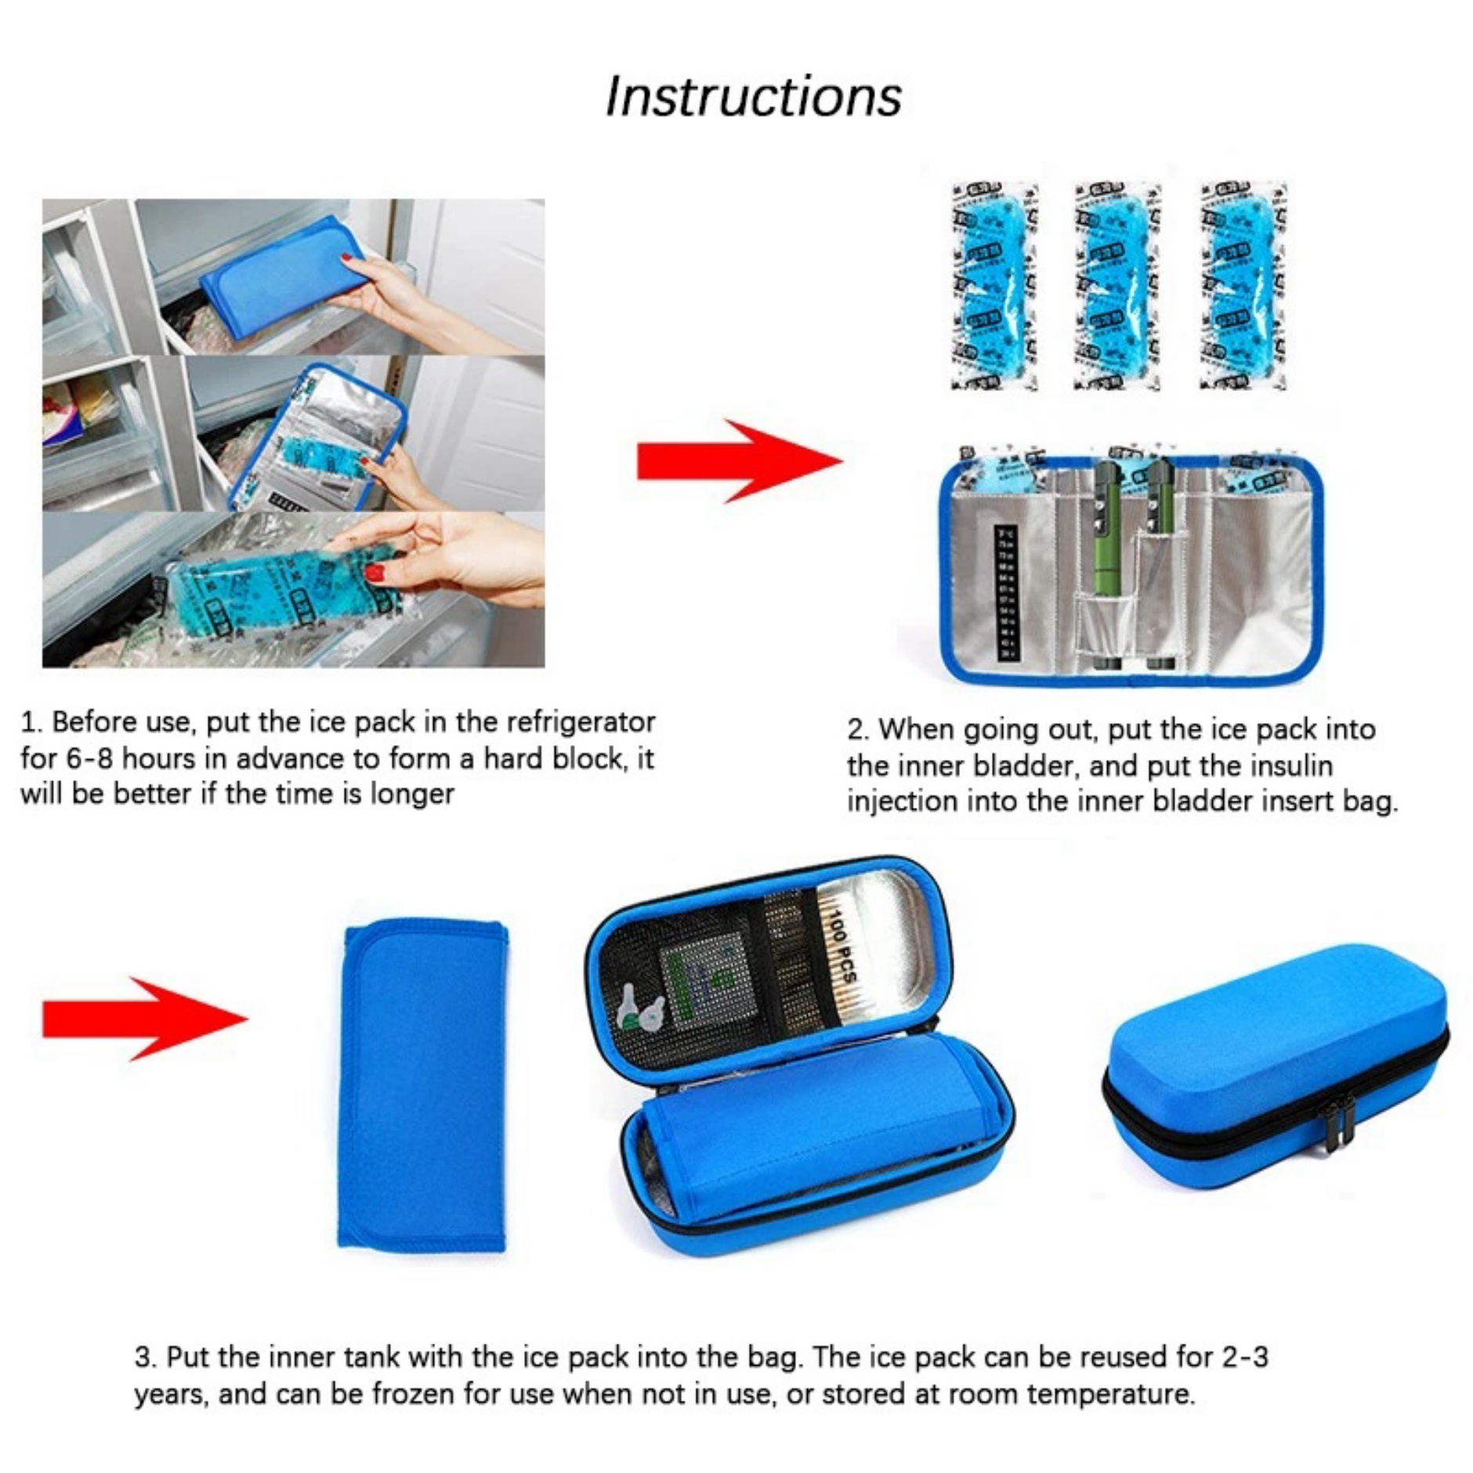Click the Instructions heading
pos(752,96)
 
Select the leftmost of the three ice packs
pos(993,286)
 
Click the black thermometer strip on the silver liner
pos(1005,592)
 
